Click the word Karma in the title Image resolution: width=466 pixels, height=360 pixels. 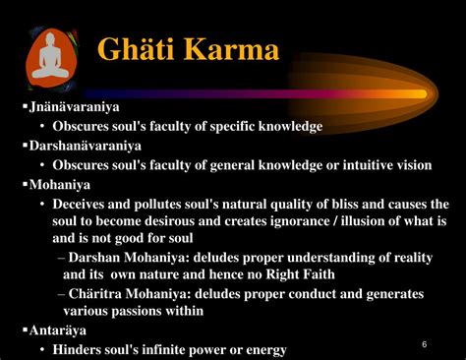(x=236, y=52)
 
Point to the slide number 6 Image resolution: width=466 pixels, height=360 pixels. (x=424, y=344)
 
